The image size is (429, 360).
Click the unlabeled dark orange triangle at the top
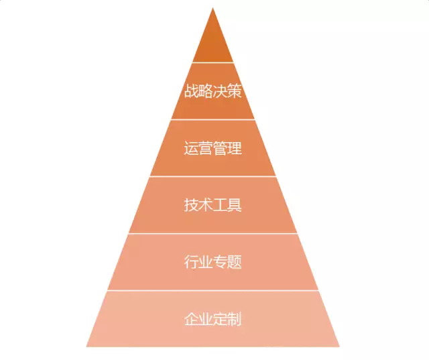(x=213, y=44)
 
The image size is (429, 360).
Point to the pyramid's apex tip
(x=213, y=8)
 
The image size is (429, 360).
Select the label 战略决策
(x=213, y=91)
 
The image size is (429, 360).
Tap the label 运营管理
(x=213, y=148)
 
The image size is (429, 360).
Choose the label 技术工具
(x=213, y=205)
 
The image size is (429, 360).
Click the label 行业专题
(x=213, y=262)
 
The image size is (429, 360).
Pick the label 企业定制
(x=213, y=318)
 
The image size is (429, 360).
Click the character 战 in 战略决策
(x=191, y=91)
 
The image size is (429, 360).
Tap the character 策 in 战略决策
(x=235, y=91)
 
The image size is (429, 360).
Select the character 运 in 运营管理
(x=191, y=148)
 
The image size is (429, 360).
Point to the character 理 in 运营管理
(x=235, y=148)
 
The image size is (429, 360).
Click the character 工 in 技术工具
(x=221, y=205)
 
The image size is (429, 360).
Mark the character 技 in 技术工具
(x=191, y=205)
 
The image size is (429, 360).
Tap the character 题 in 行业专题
(x=235, y=262)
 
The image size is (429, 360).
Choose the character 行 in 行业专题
(x=191, y=262)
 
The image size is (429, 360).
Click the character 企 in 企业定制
(x=191, y=318)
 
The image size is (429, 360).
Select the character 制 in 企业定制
(x=235, y=318)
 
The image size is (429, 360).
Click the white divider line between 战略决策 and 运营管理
(x=213, y=119)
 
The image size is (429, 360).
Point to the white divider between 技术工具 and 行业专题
(x=213, y=233)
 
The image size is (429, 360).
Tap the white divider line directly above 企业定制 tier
(x=213, y=290)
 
